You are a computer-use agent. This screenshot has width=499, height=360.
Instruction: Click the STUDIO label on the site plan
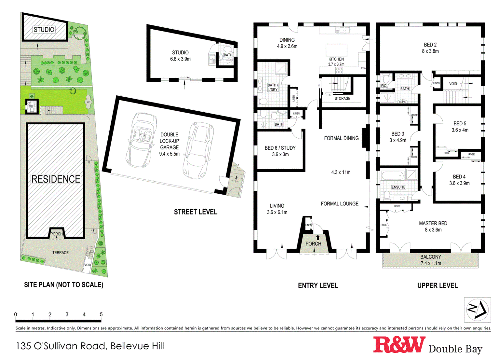point(44,30)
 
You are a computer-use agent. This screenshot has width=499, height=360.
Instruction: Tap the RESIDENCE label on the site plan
point(56,179)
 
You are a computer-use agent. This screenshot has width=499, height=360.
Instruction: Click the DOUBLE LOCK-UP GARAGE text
point(169,144)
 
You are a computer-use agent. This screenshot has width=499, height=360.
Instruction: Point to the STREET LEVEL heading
point(195,212)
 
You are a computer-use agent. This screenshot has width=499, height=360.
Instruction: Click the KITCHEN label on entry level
point(336,59)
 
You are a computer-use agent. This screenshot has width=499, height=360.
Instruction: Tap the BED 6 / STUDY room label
point(280,148)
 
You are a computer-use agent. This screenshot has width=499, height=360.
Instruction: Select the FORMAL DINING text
point(341,138)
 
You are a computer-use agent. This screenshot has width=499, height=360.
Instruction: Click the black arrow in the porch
point(318,238)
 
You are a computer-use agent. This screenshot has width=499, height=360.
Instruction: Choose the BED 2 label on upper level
point(430,45)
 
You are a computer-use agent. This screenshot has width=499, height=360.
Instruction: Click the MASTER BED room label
point(433,224)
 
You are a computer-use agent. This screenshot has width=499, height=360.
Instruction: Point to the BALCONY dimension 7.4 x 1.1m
point(431,263)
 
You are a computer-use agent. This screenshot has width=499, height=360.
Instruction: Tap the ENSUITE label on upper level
point(398,187)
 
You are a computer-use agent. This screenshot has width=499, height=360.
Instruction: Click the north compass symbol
point(477,310)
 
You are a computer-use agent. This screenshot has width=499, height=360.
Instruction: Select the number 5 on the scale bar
point(101,314)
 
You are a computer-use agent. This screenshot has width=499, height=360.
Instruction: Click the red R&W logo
point(399,345)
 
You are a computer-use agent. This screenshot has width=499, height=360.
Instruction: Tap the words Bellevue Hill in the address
point(137,346)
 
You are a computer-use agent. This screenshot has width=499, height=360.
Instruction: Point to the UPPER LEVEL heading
point(437,285)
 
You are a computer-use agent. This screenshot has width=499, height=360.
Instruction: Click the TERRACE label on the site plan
point(61,253)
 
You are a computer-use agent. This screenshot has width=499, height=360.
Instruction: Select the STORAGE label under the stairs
point(342,98)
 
